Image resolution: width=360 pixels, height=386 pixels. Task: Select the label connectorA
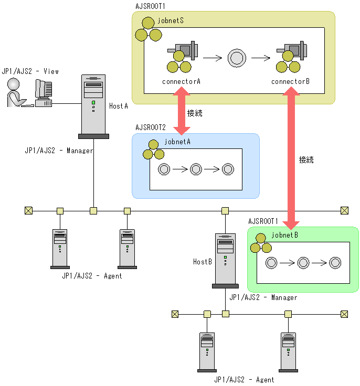point(182,82)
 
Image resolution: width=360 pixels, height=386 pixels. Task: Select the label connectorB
point(291,82)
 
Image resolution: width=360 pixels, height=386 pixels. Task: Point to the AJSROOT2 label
point(151,127)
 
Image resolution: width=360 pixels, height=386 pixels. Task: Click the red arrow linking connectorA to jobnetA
point(182,112)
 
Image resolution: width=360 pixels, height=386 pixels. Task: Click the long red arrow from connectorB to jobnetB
point(291,157)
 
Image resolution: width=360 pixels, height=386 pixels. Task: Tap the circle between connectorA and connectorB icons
point(237,58)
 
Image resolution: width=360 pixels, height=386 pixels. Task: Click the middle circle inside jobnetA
point(196,169)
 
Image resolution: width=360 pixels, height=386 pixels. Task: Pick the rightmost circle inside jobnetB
point(335,263)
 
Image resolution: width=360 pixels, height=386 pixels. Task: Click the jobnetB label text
point(284,235)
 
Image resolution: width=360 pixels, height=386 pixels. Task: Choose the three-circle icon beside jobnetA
point(154,150)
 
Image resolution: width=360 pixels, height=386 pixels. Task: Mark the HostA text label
point(119,106)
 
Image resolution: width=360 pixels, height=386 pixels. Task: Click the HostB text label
point(202,261)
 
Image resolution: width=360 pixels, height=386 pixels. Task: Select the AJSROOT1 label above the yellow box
point(151,6)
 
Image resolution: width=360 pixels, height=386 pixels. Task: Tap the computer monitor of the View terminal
point(44,92)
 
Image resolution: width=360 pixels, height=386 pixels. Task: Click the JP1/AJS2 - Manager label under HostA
point(59,151)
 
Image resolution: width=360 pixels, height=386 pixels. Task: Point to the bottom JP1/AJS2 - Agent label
point(244,380)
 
